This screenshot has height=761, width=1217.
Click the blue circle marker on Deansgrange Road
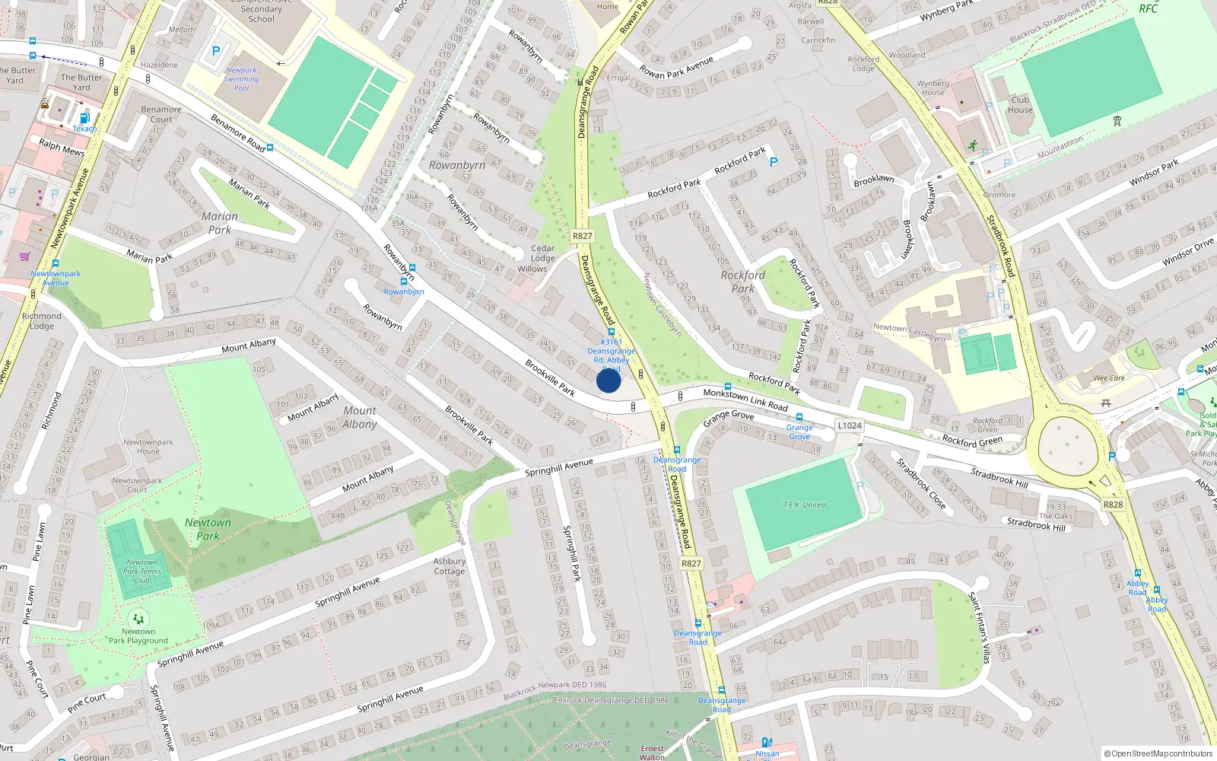coord(608,380)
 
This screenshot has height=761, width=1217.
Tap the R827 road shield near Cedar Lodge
coord(583,236)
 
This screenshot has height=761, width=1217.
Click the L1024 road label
coord(850,425)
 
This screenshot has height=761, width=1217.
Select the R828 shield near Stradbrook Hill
coord(1113,505)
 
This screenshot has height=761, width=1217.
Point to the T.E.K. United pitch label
coord(804,505)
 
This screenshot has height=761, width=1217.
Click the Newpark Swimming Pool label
coord(241,79)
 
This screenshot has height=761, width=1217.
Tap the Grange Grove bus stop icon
coord(799,417)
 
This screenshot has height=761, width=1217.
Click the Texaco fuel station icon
coord(84,118)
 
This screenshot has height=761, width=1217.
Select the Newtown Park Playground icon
coord(138,619)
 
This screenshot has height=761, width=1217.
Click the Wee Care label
coord(1109,378)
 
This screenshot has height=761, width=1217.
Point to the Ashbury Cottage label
coord(449,566)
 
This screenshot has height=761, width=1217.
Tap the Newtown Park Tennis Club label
coord(142,572)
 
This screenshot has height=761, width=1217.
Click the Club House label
coord(1020,105)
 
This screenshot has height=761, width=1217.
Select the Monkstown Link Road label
coord(745,400)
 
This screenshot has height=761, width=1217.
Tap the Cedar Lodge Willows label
coord(542,259)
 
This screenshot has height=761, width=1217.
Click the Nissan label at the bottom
coord(767,753)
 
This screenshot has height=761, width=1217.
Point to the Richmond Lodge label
coord(42,320)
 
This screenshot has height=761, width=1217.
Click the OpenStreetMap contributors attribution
coord(1158,753)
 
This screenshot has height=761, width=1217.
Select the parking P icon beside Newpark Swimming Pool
coord(215,52)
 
